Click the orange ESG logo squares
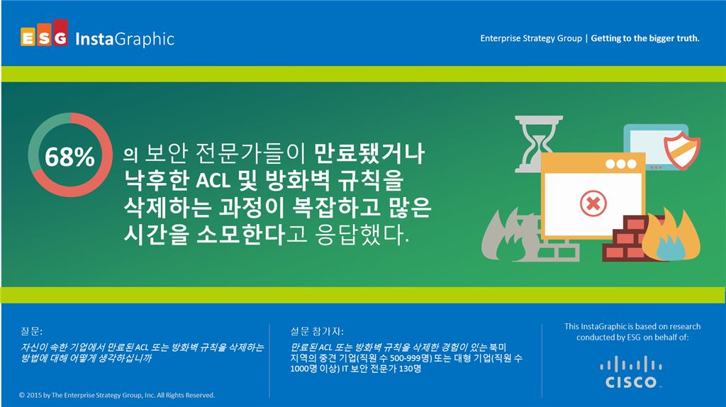tap(44, 38)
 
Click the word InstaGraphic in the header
tap(124, 38)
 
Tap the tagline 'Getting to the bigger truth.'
tap(645, 38)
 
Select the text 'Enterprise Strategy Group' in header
tap(530, 38)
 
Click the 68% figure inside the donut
tap(69, 157)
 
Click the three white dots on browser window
tap(621, 164)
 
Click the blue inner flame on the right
tap(669, 245)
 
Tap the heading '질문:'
tap(32, 330)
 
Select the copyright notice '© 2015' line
tap(117, 395)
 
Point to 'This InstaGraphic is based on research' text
tap(632, 326)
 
